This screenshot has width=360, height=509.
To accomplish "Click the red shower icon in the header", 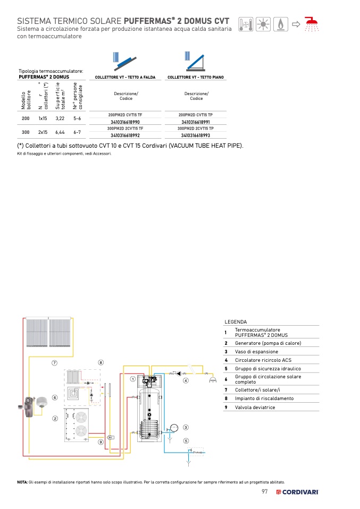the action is click(x=312, y=24).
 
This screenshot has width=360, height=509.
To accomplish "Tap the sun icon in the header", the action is click(x=263, y=24).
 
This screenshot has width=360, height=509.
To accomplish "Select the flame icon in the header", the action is click(x=281, y=24).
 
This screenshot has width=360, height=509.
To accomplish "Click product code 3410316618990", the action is click(x=125, y=122).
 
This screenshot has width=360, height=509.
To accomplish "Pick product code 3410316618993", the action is click(x=196, y=135).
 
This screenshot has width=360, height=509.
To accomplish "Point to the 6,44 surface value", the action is click(x=60, y=132).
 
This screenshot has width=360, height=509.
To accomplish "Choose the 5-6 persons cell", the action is click(x=77, y=118).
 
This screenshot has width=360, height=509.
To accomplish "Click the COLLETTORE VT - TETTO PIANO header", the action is click(x=196, y=77).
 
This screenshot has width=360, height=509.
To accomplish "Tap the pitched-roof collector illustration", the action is click(x=124, y=61).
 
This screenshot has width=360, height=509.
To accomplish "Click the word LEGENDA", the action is click(x=236, y=321).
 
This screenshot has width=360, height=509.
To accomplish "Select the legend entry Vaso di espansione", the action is click(x=257, y=352).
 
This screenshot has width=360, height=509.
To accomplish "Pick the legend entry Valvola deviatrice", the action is click(x=255, y=408).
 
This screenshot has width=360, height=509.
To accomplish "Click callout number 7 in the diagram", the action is click(x=55, y=363).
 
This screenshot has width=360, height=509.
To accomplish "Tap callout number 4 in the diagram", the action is click(x=186, y=380).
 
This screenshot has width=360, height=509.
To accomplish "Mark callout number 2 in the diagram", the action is click(x=55, y=419).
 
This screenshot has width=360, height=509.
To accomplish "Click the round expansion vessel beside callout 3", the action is click(x=174, y=428).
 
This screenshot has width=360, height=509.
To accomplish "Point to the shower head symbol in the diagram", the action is click(x=213, y=380).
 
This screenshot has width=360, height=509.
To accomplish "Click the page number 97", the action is click(x=265, y=491).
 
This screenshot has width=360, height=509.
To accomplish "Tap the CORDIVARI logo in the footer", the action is click(x=297, y=492).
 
